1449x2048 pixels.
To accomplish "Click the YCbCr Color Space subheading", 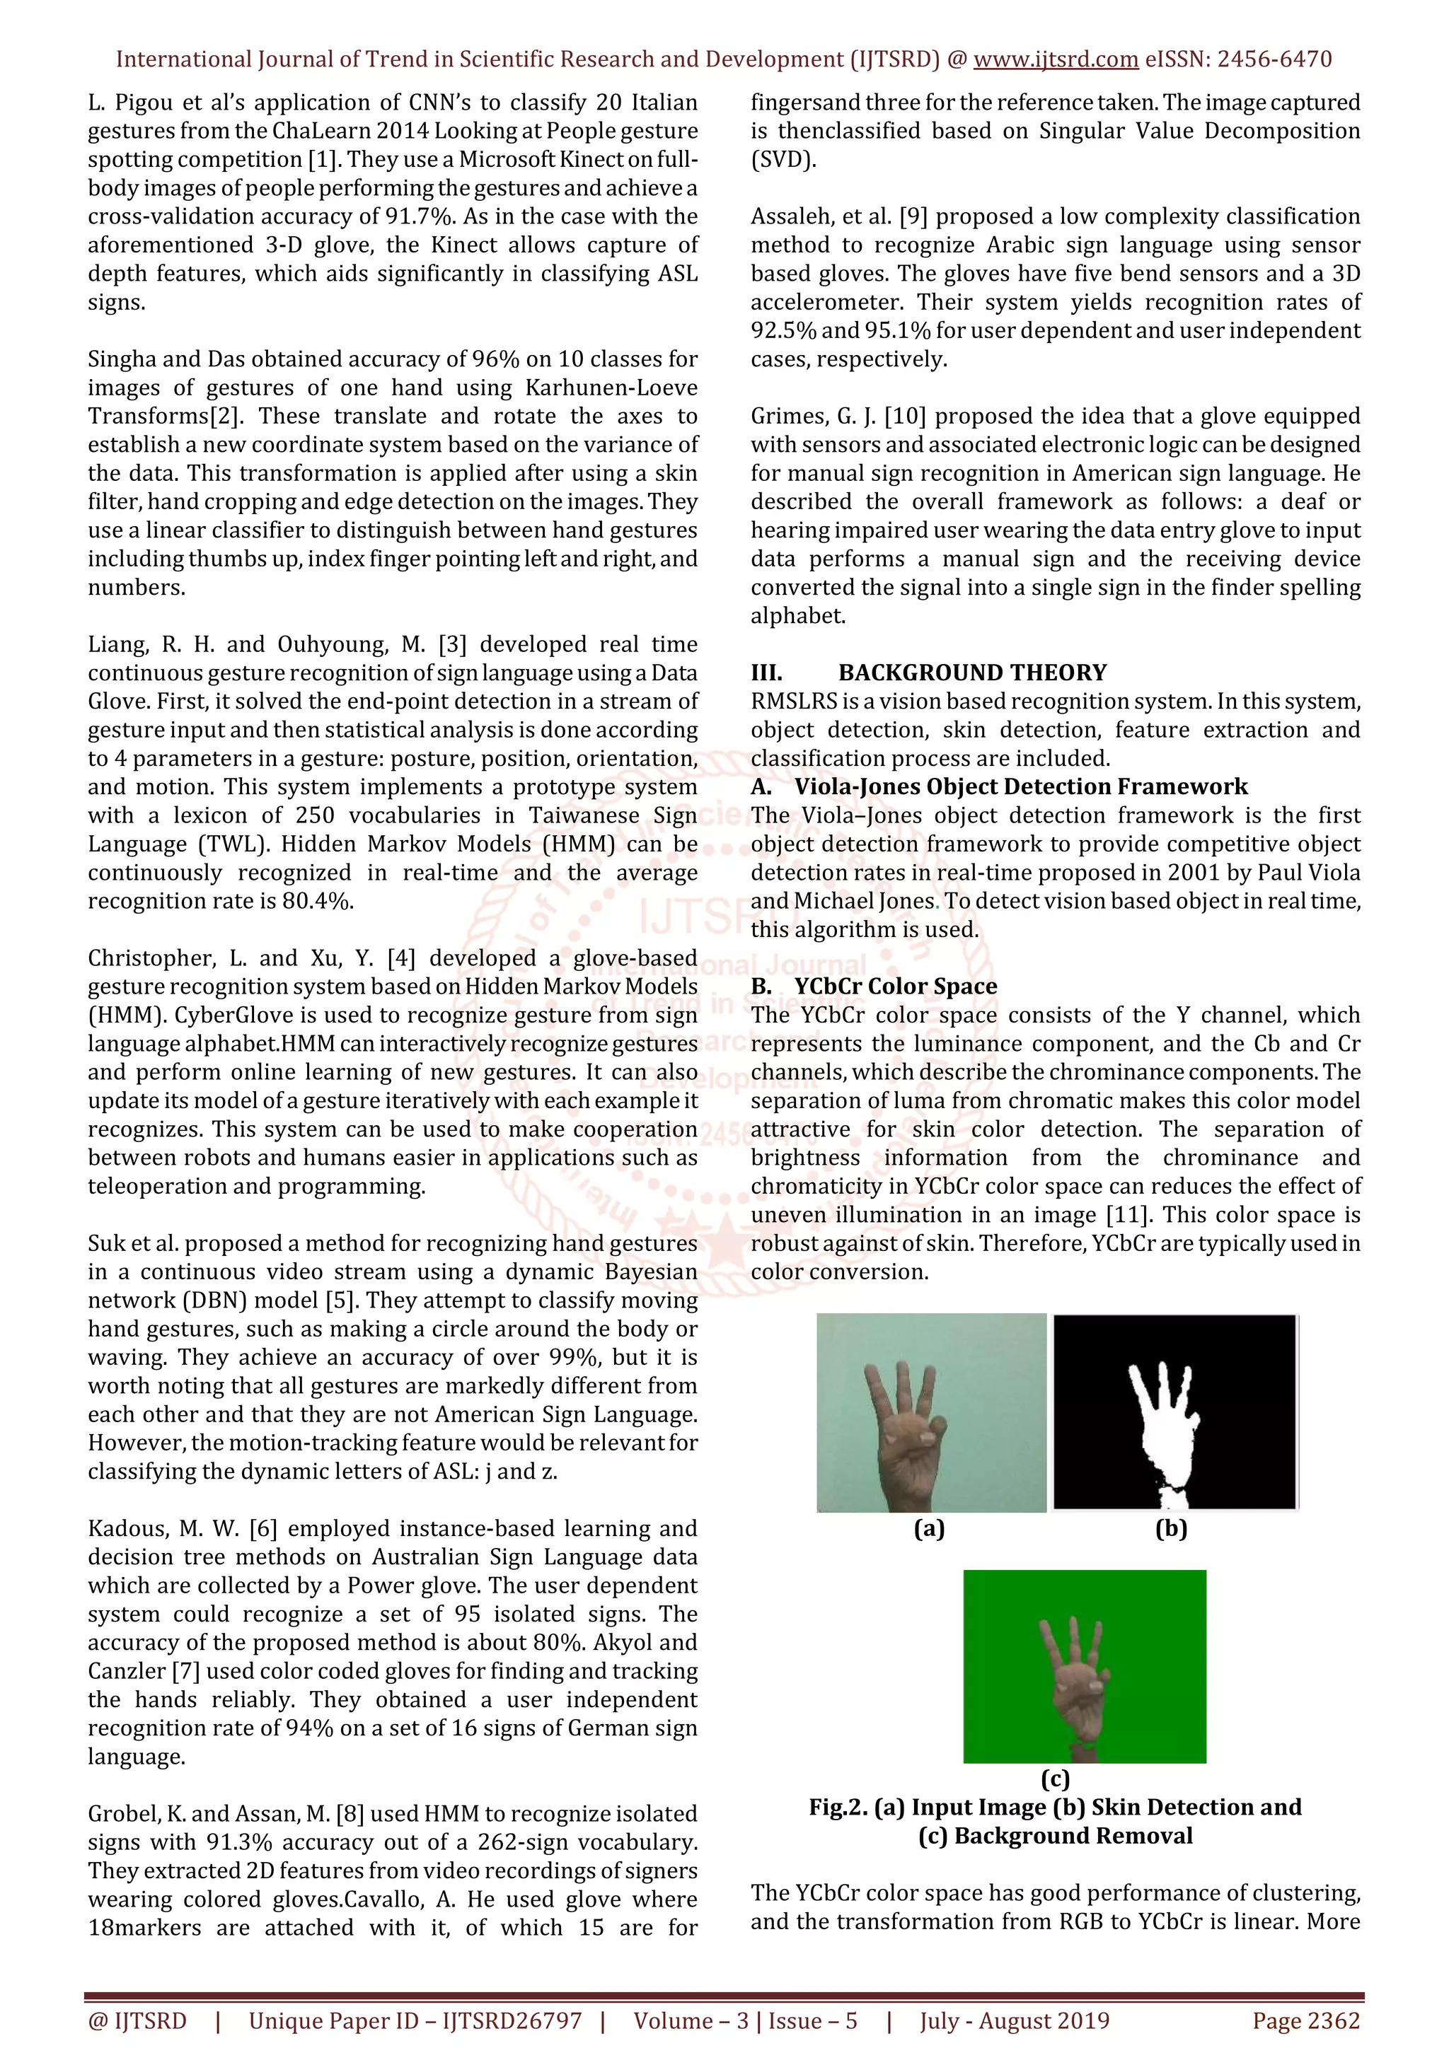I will click(x=895, y=987).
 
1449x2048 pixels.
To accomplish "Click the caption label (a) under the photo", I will click(x=929, y=1529).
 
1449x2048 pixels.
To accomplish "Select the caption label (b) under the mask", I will click(x=1171, y=1529).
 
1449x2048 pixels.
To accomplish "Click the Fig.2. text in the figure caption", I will click(x=838, y=1807).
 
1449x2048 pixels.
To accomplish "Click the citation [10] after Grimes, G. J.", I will click(x=905, y=417).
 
